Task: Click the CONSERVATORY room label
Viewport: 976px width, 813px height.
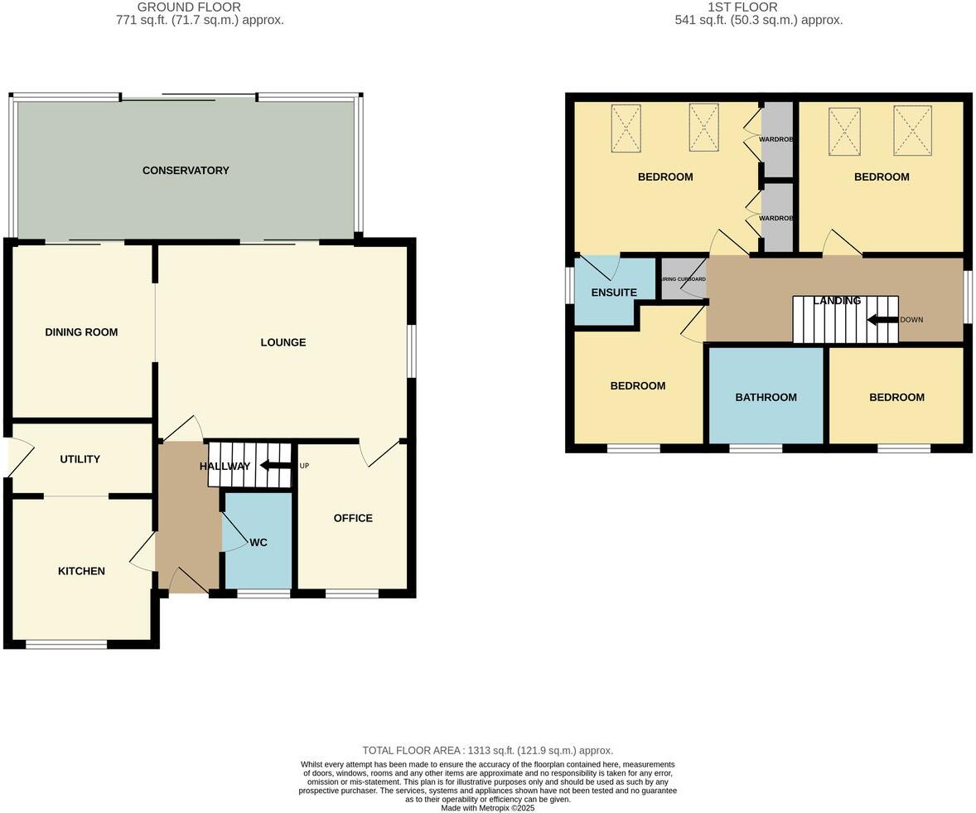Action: click(186, 171)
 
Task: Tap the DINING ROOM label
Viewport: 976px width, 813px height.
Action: click(81, 332)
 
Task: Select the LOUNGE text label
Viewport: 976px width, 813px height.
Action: click(283, 342)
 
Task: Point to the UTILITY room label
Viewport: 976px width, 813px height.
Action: click(80, 459)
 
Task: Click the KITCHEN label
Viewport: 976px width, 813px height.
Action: click(81, 571)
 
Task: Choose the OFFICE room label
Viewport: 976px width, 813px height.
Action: click(353, 518)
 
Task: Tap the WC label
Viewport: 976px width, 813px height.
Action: click(258, 543)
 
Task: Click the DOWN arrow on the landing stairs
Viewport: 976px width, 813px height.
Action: click(882, 319)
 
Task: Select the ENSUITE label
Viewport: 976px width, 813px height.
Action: click(614, 293)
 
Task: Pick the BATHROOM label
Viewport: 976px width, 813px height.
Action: click(766, 398)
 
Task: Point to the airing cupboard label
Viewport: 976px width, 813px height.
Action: click(684, 280)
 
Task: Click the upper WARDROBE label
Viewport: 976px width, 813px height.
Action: click(776, 139)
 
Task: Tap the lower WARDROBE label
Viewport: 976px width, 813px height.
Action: click(776, 218)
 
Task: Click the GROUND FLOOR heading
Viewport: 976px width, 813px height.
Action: click(189, 7)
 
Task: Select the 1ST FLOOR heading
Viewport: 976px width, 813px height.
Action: click(742, 7)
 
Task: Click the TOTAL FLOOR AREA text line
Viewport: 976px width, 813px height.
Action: click(487, 751)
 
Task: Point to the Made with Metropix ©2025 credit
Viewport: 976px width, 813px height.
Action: click(487, 808)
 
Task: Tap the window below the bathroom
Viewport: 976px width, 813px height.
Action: click(756, 449)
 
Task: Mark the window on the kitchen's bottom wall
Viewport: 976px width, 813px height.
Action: click(66, 645)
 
